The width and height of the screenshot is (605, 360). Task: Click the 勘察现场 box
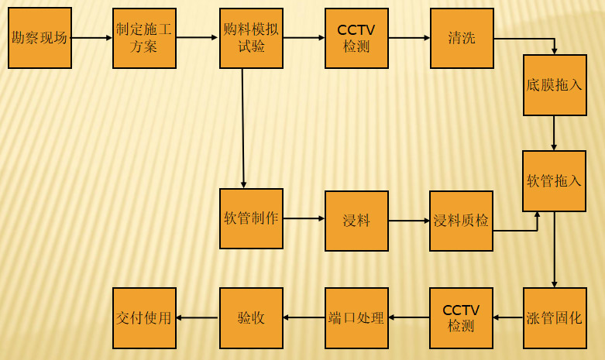click(x=40, y=38)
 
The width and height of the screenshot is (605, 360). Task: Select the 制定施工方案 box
click(x=144, y=38)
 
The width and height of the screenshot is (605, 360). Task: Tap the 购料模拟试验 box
click(x=251, y=38)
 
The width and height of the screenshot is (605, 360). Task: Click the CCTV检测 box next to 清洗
click(x=356, y=38)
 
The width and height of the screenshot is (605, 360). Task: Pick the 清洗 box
click(x=462, y=38)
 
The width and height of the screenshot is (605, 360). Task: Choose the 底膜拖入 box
click(x=555, y=85)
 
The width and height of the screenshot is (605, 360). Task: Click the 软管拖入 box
click(x=554, y=181)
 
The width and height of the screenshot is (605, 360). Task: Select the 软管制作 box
click(x=251, y=218)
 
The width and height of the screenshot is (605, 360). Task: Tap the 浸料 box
click(x=356, y=221)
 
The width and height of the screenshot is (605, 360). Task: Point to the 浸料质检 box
click(x=461, y=221)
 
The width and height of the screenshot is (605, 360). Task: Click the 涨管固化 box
click(x=555, y=317)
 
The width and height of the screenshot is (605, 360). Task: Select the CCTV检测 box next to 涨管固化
click(x=461, y=317)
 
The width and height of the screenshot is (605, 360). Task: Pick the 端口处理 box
click(x=356, y=317)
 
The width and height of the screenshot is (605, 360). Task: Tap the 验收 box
click(x=251, y=317)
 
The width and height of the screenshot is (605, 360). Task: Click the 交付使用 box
click(x=144, y=317)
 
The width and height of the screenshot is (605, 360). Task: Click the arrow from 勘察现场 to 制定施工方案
click(x=92, y=38)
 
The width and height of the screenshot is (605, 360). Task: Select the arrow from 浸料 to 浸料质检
click(x=409, y=221)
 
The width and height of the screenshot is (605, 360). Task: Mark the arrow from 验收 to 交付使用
click(x=198, y=317)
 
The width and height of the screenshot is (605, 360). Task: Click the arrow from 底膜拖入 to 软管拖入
click(x=554, y=133)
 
